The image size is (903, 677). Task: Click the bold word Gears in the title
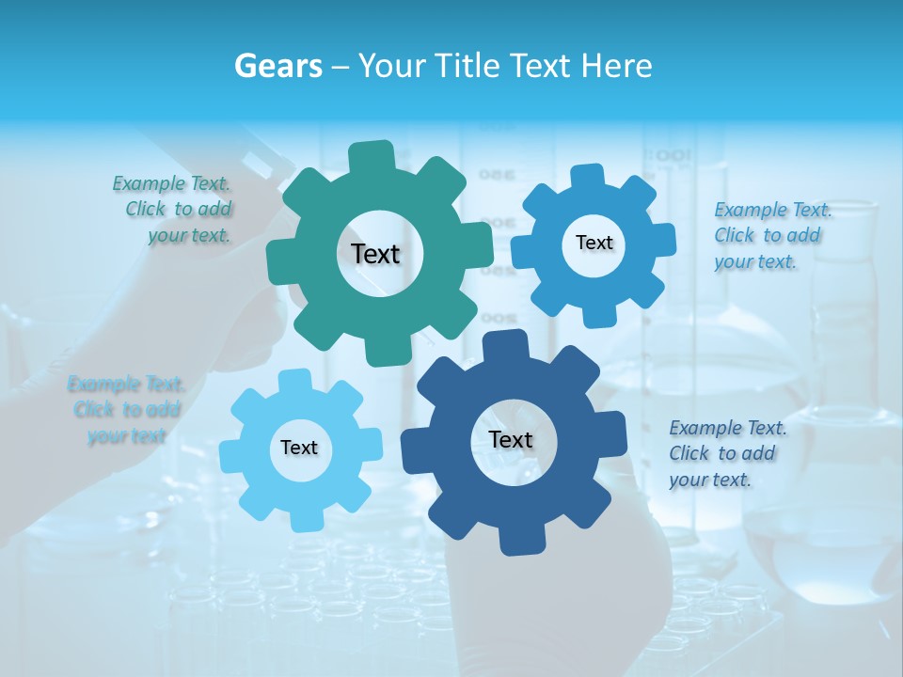(277, 66)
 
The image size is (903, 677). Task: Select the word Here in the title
(617, 66)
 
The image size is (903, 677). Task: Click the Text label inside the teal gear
(375, 254)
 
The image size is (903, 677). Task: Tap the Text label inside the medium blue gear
(594, 243)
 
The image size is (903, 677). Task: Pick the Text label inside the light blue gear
(299, 448)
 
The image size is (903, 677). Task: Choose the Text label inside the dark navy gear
(511, 440)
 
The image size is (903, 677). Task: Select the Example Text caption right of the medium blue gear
(771, 235)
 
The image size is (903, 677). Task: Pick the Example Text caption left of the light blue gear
(126, 410)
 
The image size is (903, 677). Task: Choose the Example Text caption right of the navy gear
(726, 453)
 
